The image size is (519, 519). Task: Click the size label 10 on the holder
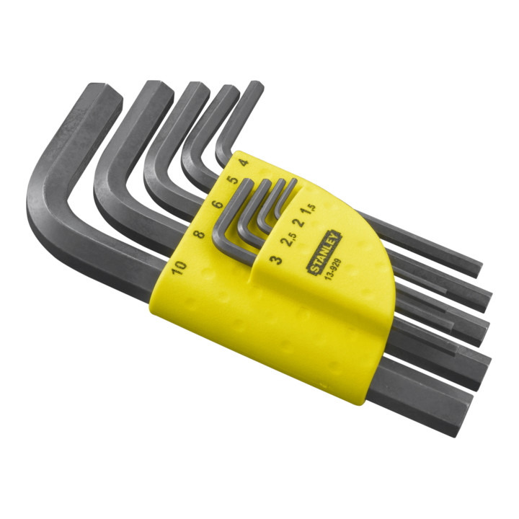[x=179, y=267]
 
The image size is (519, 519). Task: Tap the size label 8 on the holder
[x=199, y=234]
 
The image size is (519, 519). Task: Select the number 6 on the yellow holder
[x=218, y=204]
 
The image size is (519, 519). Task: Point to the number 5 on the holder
[x=234, y=179]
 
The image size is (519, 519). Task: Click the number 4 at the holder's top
[x=244, y=162]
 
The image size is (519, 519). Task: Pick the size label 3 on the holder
[x=275, y=259]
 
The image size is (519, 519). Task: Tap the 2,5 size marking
[x=288, y=239]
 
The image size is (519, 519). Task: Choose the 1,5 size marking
[x=308, y=210]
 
